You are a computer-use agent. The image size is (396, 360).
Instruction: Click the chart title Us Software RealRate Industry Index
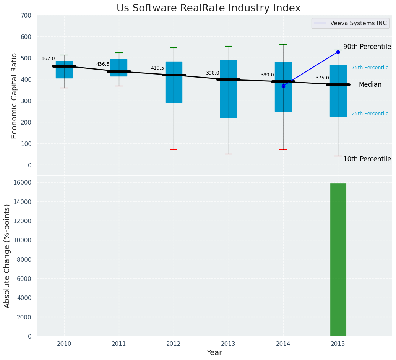click(208, 8)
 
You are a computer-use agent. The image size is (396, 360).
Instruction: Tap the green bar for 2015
click(338, 260)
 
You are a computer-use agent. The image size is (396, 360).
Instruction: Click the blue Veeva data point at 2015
click(338, 52)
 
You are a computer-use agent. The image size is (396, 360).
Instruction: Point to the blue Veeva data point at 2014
click(283, 86)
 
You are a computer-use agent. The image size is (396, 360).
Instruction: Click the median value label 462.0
click(48, 59)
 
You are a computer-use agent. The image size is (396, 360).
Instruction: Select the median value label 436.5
click(103, 65)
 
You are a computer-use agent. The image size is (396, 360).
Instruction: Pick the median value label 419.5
click(157, 68)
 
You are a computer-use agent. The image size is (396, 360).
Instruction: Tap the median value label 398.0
click(213, 73)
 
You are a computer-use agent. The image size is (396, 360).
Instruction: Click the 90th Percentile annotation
click(367, 47)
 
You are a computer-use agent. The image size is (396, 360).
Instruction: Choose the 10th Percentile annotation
click(367, 159)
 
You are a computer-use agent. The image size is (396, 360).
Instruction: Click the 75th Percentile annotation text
click(370, 68)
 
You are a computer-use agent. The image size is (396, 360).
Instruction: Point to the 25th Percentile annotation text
click(370, 114)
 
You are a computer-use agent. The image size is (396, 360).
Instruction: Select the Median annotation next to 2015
click(370, 85)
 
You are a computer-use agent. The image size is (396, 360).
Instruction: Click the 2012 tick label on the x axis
click(174, 344)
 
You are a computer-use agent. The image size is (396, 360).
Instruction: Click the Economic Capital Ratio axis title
click(15, 96)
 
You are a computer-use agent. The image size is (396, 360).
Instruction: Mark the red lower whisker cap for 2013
click(229, 154)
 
